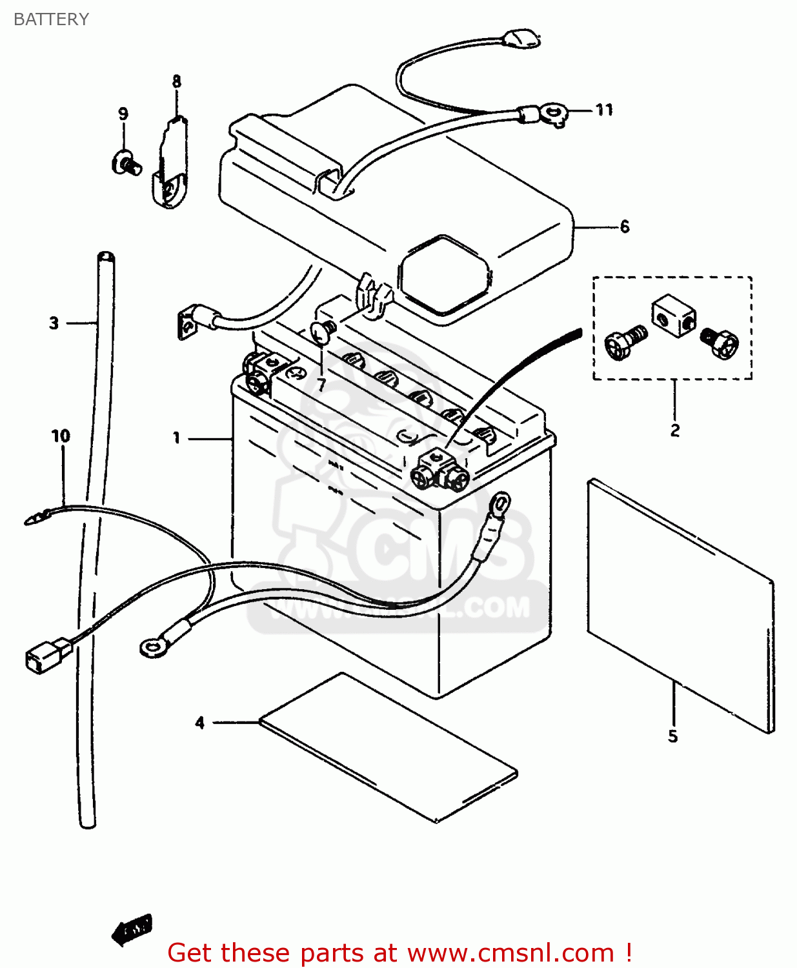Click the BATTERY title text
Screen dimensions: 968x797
pos(51,19)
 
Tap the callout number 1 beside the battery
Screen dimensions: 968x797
pos(176,438)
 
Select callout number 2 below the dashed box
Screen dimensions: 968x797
pos(674,430)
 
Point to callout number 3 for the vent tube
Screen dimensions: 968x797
pos(54,323)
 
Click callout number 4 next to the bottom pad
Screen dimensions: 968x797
pos(200,723)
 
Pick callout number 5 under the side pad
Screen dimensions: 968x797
pos(672,736)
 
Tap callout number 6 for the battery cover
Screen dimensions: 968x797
pos(624,227)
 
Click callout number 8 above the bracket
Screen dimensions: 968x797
pos(176,81)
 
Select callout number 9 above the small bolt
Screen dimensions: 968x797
pos(123,114)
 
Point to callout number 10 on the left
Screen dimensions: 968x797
pos(61,436)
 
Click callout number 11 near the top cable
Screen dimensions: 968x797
pos(604,110)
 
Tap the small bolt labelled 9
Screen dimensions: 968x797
pos(126,161)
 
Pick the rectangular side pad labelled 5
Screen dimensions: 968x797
pos(681,607)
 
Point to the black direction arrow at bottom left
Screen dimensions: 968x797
pos(132,930)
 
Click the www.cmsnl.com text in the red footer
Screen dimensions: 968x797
pos(510,953)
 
